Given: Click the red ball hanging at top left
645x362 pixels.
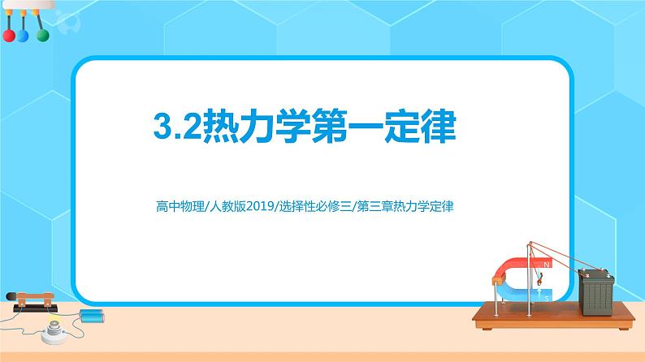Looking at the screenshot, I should tap(9, 36).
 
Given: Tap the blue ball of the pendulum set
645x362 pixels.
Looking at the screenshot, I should tap(23, 37).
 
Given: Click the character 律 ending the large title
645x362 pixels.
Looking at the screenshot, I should tap(438, 128).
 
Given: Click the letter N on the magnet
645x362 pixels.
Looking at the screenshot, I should tap(545, 265).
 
